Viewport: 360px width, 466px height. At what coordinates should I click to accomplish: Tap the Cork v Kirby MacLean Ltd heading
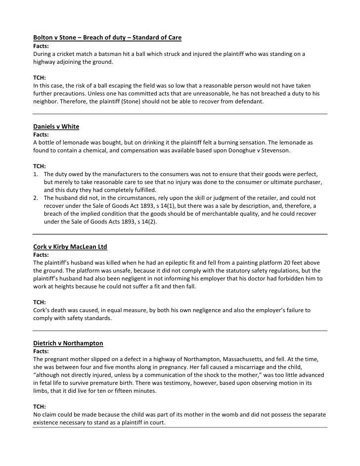(x=70, y=246)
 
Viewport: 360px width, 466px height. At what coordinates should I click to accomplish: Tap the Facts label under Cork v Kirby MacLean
(x=42, y=255)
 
